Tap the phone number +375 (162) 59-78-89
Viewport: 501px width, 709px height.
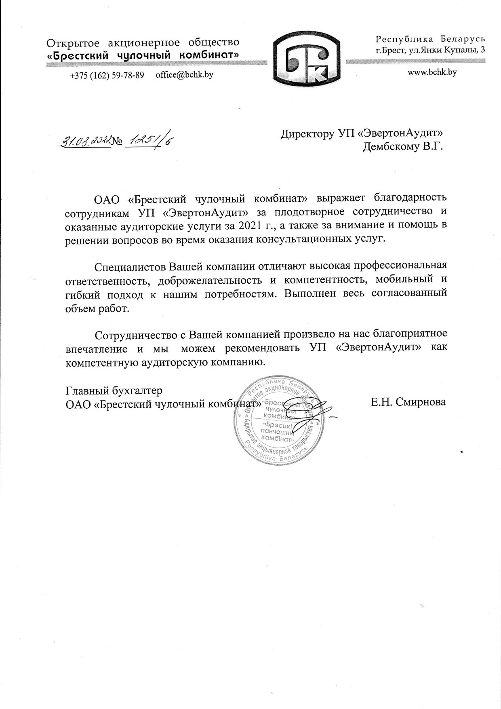107,75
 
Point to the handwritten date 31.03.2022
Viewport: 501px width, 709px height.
86,141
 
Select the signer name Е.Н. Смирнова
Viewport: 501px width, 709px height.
407,402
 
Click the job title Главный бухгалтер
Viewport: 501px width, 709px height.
114,391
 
